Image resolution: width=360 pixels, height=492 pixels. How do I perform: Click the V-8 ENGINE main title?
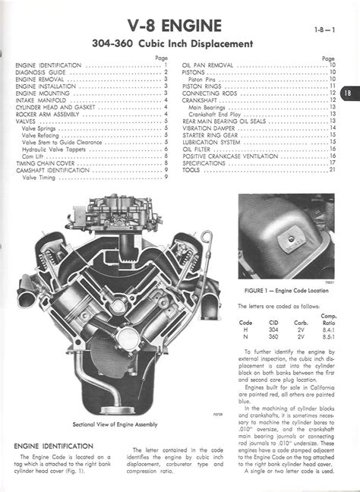[180, 27]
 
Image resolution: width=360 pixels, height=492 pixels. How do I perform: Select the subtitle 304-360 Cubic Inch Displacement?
[180, 44]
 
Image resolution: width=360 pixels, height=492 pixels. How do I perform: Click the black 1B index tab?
[348, 93]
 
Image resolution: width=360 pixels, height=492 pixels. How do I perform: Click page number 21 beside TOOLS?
[332, 169]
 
